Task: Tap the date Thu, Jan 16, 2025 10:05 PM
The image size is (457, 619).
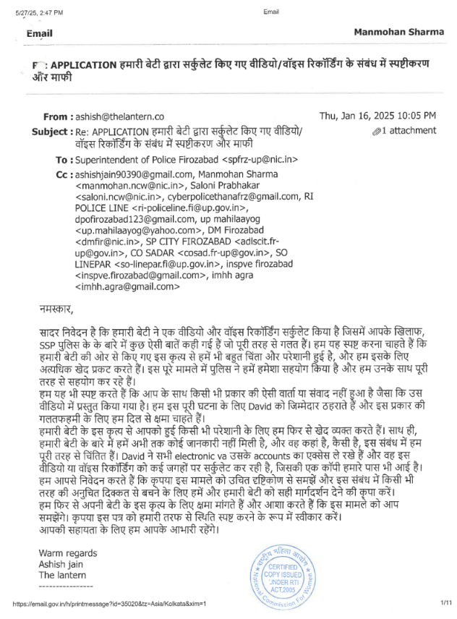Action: click(377, 116)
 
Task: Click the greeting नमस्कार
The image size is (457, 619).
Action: click(56, 309)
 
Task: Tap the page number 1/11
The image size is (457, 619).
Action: click(445, 602)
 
